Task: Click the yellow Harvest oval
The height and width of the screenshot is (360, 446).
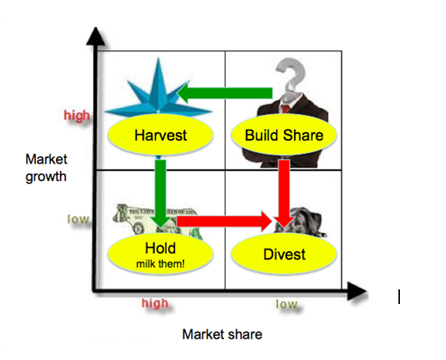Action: click(x=160, y=135)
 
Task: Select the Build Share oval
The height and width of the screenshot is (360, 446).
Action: click(x=284, y=135)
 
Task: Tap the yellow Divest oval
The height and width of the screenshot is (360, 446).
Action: click(x=284, y=254)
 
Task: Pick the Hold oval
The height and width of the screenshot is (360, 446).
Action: click(x=160, y=254)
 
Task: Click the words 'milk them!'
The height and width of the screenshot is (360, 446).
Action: click(x=160, y=264)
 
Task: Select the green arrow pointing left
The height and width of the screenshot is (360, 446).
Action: click(x=224, y=93)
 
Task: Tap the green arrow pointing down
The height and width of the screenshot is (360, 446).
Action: click(x=160, y=193)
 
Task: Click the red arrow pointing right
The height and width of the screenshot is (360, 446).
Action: click(x=224, y=221)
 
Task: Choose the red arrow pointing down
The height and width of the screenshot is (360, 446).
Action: click(x=284, y=193)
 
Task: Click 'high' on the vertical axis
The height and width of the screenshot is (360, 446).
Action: click(x=77, y=116)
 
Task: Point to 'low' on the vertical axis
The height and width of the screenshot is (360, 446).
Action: click(x=78, y=220)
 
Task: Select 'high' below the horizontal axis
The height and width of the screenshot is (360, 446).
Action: click(x=155, y=303)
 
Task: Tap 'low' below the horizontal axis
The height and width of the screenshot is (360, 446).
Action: click(x=287, y=304)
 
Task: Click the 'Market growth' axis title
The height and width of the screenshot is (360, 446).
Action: click(x=46, y=168)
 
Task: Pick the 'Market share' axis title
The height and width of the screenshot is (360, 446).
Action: click(x=222, y=335)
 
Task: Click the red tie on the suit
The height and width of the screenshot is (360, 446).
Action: click(x=286, y=108)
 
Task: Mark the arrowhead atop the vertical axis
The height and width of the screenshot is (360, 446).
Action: click(x=96, y=36)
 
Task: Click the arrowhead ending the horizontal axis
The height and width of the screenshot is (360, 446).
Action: click(x=357, y=291)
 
